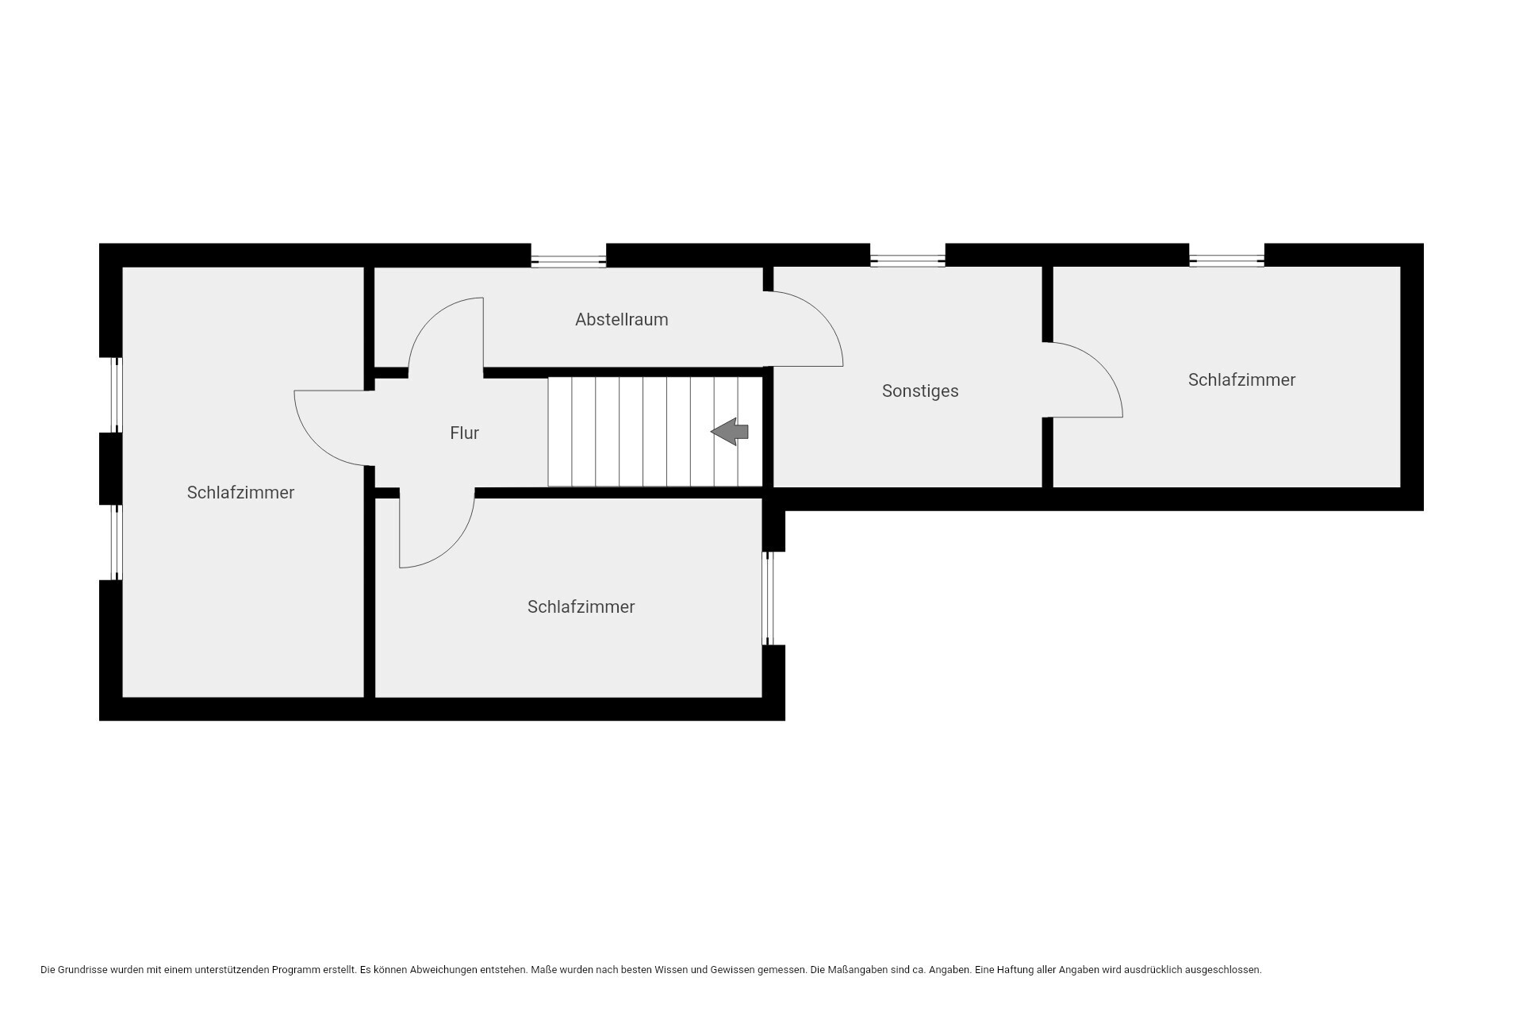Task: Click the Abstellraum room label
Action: tap(621, 319)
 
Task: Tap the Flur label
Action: tap(464, 433)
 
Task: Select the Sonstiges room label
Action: tap(920, 391)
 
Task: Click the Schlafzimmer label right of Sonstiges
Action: tap(1241, 379)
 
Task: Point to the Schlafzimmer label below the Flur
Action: tap(581, 606)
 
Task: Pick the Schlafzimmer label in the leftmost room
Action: tap(240, 492)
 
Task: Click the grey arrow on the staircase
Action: tap(730, 432)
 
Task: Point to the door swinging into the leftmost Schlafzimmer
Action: tap(317, 444)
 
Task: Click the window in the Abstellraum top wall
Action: tap(568, 261)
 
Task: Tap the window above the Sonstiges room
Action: tap(907, 261)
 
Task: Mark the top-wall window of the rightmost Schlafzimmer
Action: tap(1226, 261)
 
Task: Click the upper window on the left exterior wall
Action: tap(117, 394)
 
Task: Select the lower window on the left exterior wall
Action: tap(117, 542)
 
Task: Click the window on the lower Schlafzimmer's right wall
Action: tap(768, 598)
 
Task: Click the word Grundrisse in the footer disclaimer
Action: tap(82, 970)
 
